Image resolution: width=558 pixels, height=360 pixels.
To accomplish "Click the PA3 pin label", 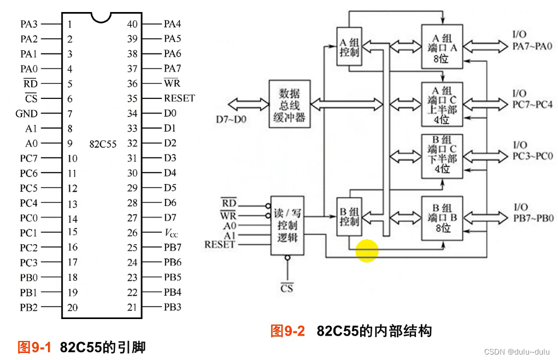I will [29, 24].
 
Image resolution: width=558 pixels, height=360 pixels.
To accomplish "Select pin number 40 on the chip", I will [132, 24].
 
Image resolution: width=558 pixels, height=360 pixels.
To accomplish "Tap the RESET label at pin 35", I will [179, 99].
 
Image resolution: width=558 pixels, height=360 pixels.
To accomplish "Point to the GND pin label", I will [27, 114].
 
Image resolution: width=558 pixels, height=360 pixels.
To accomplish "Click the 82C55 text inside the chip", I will [103, 144].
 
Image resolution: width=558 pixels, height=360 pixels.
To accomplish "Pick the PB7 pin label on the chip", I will [172, 247].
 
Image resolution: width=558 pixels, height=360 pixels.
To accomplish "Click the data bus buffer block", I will [289, 104].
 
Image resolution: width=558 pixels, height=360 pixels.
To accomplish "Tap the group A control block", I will [349, 46].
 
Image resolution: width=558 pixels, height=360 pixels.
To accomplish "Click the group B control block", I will [349, 216].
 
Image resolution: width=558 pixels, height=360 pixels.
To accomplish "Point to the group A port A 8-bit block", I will [442, 46].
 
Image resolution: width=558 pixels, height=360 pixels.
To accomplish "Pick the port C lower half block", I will [442, 156].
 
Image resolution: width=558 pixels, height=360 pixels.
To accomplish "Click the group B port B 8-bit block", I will [442, 217].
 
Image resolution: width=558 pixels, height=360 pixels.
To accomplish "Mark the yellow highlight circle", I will [367, 251].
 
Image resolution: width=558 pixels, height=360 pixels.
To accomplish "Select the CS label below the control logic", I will [286, 287].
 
